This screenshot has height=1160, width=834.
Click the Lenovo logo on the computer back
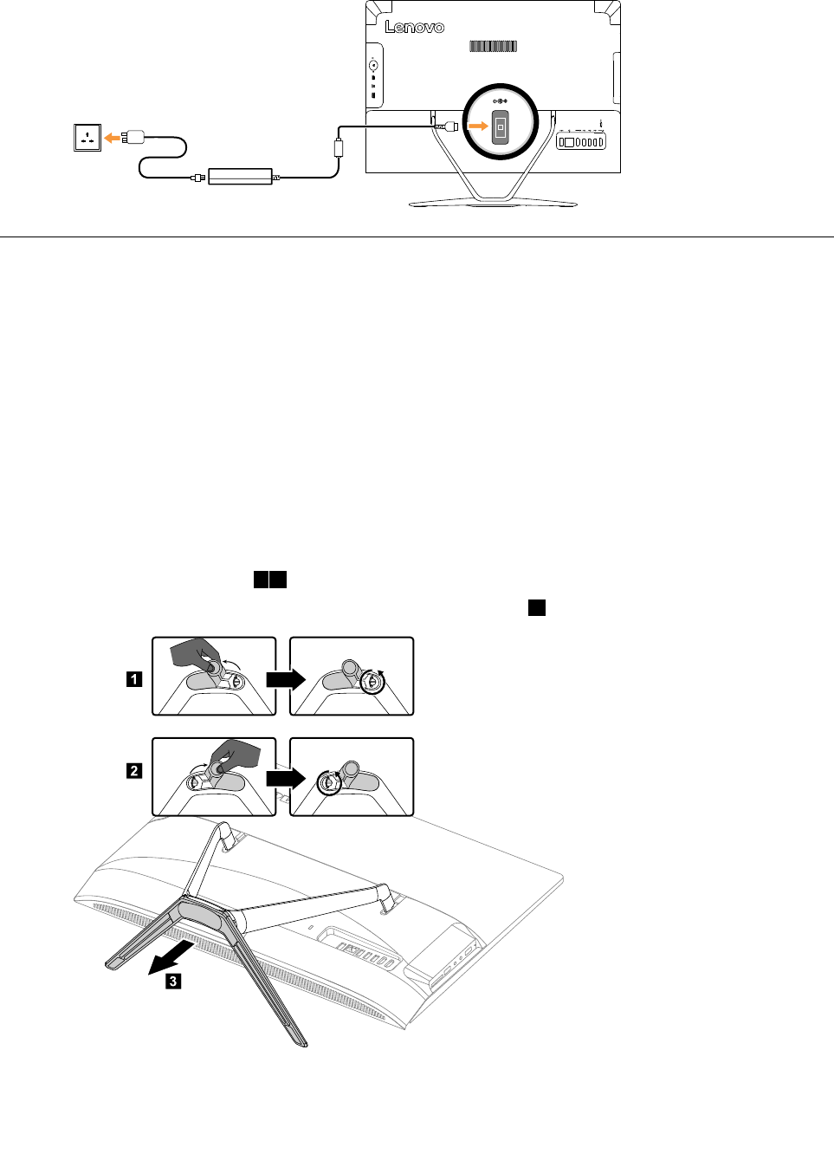pos(415,27)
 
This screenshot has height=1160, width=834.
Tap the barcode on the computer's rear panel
pos(494,46)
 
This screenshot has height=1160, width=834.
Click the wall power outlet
pos(87,137)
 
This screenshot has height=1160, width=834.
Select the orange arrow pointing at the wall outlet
pos(113,137)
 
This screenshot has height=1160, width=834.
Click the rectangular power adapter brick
pos(241,177)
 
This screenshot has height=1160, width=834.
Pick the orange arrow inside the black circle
pos(478,126)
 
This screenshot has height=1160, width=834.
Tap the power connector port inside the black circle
pos(501,127)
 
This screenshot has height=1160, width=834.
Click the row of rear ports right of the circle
pos(581,141)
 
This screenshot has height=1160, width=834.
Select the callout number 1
pos(134,678)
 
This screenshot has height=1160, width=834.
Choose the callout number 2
pos(134,770)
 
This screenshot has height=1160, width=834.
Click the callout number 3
pos(173,981)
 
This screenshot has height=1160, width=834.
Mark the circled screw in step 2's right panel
pos(328,783)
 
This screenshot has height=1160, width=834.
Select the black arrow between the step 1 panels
pos(285,678)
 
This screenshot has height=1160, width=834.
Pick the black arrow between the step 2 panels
pos(285,778)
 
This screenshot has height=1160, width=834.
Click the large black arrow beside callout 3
pos(170,957)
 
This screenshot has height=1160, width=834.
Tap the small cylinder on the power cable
pos(339,147)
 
